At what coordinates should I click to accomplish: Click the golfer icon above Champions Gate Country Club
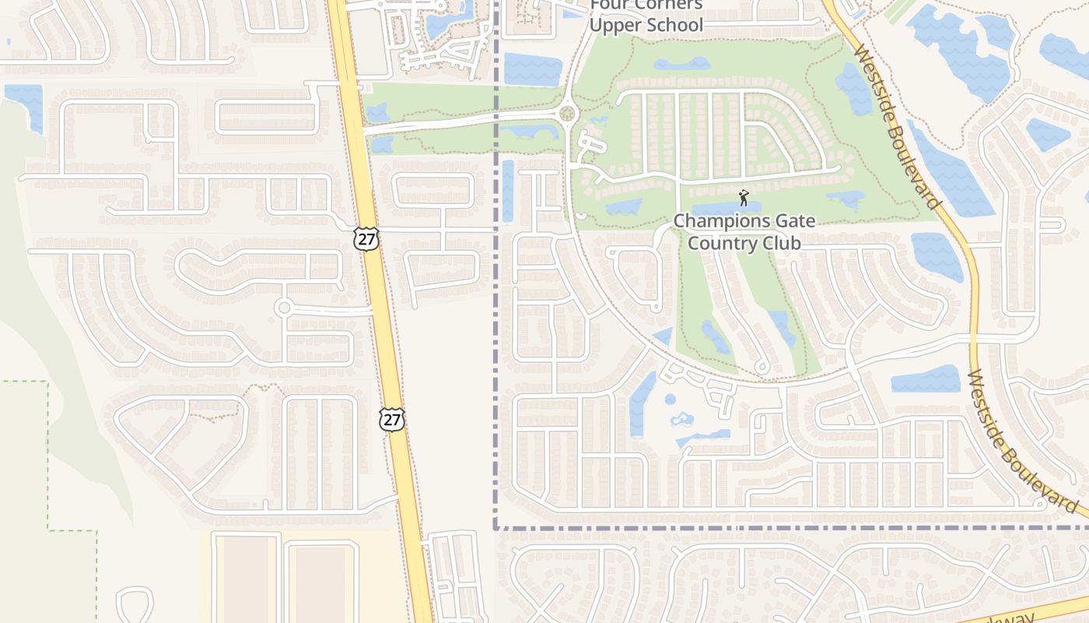[x=744, y=198]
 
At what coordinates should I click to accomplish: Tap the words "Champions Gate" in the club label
[x=744, y=221]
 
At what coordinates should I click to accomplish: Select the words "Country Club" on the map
[x=744, y=243]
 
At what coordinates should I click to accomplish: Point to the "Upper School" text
[x=646, y=25]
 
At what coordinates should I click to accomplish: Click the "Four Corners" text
[x=646, y=5]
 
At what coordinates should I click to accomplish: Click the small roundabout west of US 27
[x=283, y=308]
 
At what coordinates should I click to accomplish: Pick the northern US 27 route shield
[x=366, y=238]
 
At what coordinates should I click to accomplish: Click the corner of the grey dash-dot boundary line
[x=495, y=528]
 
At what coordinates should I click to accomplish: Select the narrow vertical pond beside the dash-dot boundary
[x=508, y=191]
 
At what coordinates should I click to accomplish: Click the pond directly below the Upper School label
[x=532, y=69]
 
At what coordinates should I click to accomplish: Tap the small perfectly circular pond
[x=670, y=399]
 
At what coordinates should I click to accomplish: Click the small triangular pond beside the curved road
[x=664, y=336]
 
